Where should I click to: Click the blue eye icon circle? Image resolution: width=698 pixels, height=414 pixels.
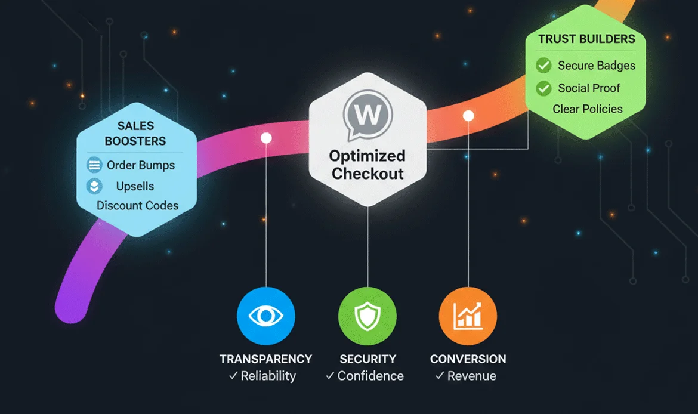(x=267, y=316)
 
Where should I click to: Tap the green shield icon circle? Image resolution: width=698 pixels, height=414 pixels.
(x=367, y=316)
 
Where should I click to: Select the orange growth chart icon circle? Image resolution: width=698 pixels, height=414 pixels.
(x=468, y=316)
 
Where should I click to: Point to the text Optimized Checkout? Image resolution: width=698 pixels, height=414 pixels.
(x=367, y=165)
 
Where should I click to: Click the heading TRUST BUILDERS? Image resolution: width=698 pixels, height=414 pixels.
(x=586, y=39)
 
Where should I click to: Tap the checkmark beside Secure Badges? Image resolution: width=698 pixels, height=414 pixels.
(x=543, y=65)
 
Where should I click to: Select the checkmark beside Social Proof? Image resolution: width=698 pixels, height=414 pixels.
(x=543, y=88)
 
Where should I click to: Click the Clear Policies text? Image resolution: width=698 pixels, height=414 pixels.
(x=588, y=109)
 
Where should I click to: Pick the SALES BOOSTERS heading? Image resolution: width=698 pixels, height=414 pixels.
(x=135, y=134)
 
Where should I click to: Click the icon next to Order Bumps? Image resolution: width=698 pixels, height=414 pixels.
(x=94, y=165)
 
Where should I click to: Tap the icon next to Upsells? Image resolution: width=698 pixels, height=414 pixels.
(x=94, y=186)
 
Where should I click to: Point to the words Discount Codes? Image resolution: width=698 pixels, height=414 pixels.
(x=137, y=206)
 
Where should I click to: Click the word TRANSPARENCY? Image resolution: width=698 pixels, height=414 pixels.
(x=266, y=359)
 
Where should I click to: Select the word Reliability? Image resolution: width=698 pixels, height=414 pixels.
(x=268, y=376)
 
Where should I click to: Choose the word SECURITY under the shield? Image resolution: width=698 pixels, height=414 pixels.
(x=367, y=359)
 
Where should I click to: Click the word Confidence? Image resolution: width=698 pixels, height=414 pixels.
(x=370, y=376)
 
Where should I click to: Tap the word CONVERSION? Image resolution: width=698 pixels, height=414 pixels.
(x=468, y=359)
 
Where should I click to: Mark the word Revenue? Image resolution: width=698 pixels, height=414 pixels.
(x=471, y=376)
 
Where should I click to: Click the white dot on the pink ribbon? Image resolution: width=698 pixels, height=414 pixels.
(x=267, y=138)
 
